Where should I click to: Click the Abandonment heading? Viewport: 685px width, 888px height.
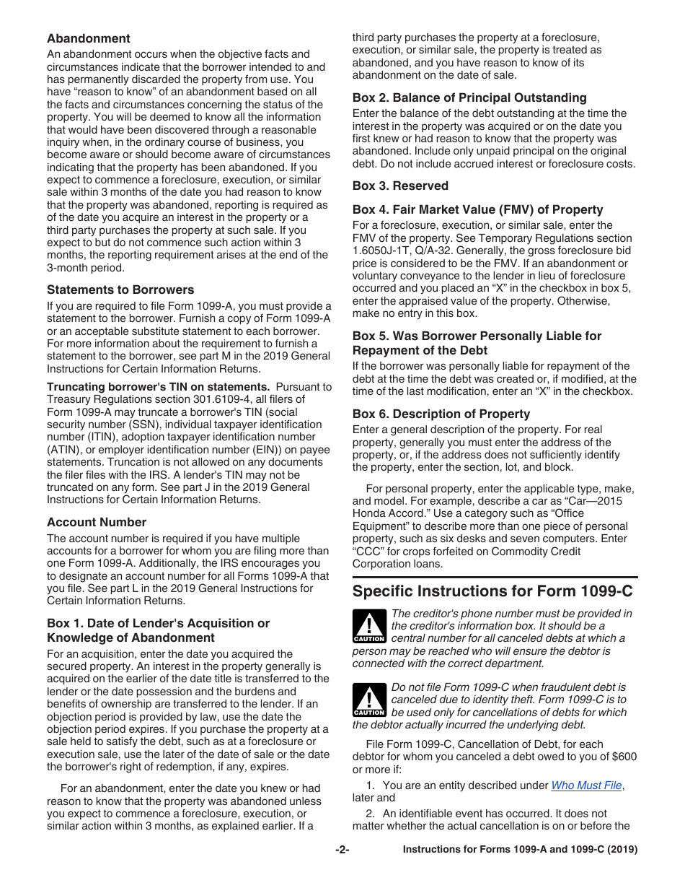[x=89, y=38]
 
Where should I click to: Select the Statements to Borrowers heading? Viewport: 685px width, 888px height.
[x=120, y=290]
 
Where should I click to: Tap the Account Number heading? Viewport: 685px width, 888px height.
[x=97, y=522]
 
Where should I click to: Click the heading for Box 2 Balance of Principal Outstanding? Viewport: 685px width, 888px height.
[x=469, y=97]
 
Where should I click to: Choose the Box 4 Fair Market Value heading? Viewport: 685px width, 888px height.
[x=477, y=209]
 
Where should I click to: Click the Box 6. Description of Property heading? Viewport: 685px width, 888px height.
[x=441, y=414]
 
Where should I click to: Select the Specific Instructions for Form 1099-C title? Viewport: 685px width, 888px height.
[x=492, y=591]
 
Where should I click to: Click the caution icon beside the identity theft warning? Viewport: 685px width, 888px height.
[x=369, y=700]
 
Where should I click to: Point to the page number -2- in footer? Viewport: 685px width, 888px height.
[x=342, y=850]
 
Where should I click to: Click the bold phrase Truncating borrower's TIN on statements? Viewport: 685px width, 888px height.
[x=158, y=386]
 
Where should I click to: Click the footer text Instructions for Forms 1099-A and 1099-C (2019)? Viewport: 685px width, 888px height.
[x=520, y=850]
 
